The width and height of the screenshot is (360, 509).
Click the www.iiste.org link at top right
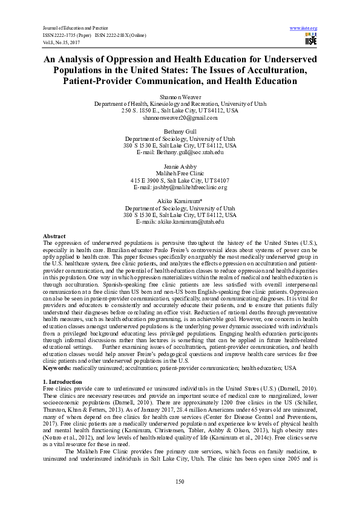click(304, 28)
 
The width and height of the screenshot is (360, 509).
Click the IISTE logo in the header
click(311, 40)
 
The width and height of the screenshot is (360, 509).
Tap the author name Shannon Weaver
click(180, 97)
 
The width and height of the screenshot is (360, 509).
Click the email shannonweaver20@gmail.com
click(180, 118)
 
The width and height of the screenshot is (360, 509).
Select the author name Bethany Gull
click(180, 131)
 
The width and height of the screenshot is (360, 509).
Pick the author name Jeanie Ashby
click(180, 166)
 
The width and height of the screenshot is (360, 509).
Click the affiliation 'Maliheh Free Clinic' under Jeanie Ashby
click(180, 173)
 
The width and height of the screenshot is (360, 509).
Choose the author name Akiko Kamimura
click(179, 201)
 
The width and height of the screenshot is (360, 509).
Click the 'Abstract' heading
click(54, 236)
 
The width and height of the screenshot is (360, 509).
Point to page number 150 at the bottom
click(180, 481)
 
